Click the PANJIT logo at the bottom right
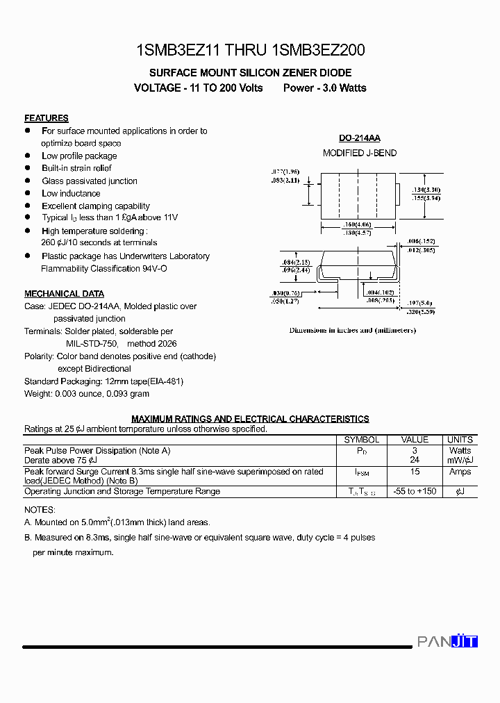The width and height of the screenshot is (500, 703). click(x=447, y=641)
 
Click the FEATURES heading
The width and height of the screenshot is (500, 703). click(x=46, y=118)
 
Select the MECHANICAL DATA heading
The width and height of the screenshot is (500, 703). click(x=64, y=294)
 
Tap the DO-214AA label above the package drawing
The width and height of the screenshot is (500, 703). click(x=359, y=138)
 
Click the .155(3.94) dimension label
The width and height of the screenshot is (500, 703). click(x=426, y=198)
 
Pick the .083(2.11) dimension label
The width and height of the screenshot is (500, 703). click(x=285, y=180)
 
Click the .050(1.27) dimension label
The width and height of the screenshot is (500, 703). click(x=285, y=301)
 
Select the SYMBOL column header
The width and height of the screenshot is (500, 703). click(x=362, y=440)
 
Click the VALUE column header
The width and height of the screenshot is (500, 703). click(x=415, y=440)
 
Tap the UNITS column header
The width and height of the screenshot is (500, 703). click(x=460, y=440)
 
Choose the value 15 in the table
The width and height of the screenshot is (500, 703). click(x=415, y=472)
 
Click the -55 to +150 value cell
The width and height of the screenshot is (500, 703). click(x=415, y=491)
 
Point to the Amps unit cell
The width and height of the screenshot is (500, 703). click(x=460, y=472)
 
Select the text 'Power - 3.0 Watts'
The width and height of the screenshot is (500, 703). click(x=324, y=88)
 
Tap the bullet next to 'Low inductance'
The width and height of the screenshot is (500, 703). click(x=28, y=193)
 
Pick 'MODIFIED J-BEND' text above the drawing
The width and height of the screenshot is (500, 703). click(x=360, y=153)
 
